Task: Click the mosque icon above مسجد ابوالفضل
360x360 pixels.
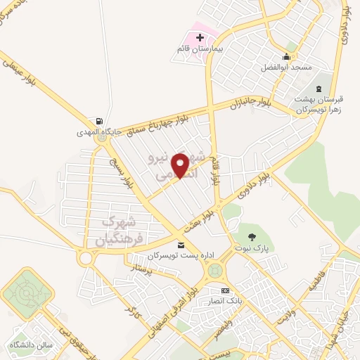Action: pos(286,56)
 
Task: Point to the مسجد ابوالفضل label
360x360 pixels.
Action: pos(285,67)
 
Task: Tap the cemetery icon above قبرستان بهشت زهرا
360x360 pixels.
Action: pos(320,88)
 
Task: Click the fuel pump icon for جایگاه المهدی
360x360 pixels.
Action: pos(100,121)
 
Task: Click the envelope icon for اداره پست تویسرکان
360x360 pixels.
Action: pos(182,245)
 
